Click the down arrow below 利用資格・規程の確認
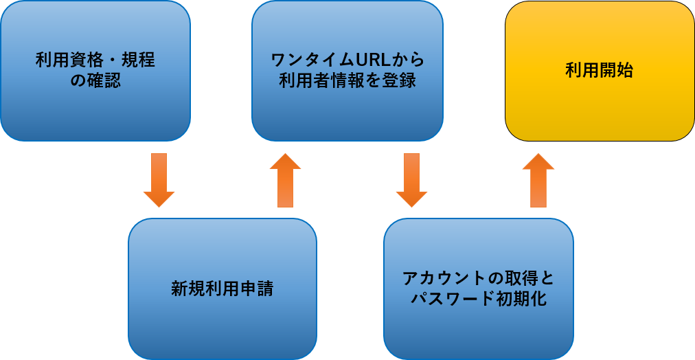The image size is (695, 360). point(159,180)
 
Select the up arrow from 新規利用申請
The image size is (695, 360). point(285,180)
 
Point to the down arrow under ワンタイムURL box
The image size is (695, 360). point(411,180)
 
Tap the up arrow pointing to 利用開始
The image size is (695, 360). point(538,180)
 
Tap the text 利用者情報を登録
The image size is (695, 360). point(347,80)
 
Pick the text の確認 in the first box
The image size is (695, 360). point(95,80)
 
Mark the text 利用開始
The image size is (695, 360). point(600,70)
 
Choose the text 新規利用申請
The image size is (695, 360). point(222,289)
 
